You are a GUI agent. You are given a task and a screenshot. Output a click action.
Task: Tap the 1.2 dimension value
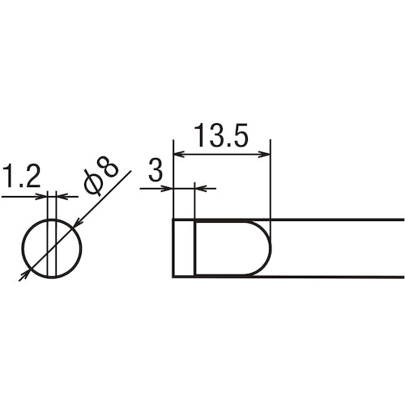(21, 177)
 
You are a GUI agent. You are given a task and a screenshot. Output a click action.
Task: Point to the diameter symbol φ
(93, 183)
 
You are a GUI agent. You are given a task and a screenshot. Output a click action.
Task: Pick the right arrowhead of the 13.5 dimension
(264, 151)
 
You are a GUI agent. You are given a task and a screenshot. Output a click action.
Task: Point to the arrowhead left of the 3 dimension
(168, 189)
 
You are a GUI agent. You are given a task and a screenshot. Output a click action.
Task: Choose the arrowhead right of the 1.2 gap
(62, 195)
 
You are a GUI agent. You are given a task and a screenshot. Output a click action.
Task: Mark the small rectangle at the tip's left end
(184, 247)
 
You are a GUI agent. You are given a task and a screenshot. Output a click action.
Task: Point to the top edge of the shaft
(340, 220)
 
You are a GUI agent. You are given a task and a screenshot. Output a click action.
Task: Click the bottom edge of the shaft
(340, 276)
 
